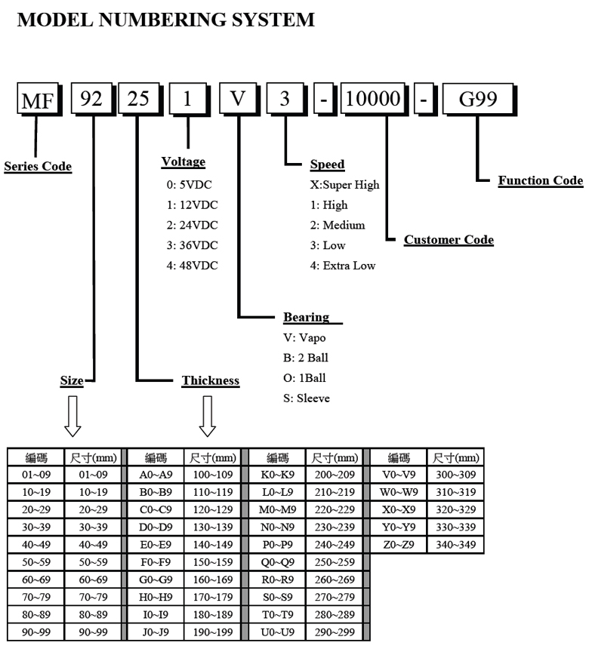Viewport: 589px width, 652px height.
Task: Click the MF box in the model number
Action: (37, 102)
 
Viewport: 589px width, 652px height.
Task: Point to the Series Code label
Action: (38, 167)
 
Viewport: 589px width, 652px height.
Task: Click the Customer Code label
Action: (449, 240)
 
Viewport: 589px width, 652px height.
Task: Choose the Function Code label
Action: (540, 180)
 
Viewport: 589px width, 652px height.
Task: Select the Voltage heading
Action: (183, 161)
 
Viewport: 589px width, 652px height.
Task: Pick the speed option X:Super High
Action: (344, 184)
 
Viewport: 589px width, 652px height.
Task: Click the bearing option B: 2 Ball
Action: (306, 358)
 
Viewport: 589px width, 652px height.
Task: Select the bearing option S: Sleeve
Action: (307, 398)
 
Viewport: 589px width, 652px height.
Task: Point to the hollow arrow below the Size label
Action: (72, 416)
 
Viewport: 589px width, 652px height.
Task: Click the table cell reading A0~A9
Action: (156, 475)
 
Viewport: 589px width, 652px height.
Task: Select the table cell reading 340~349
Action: (455, 544)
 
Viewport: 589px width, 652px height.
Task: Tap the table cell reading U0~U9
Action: (277, 631)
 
